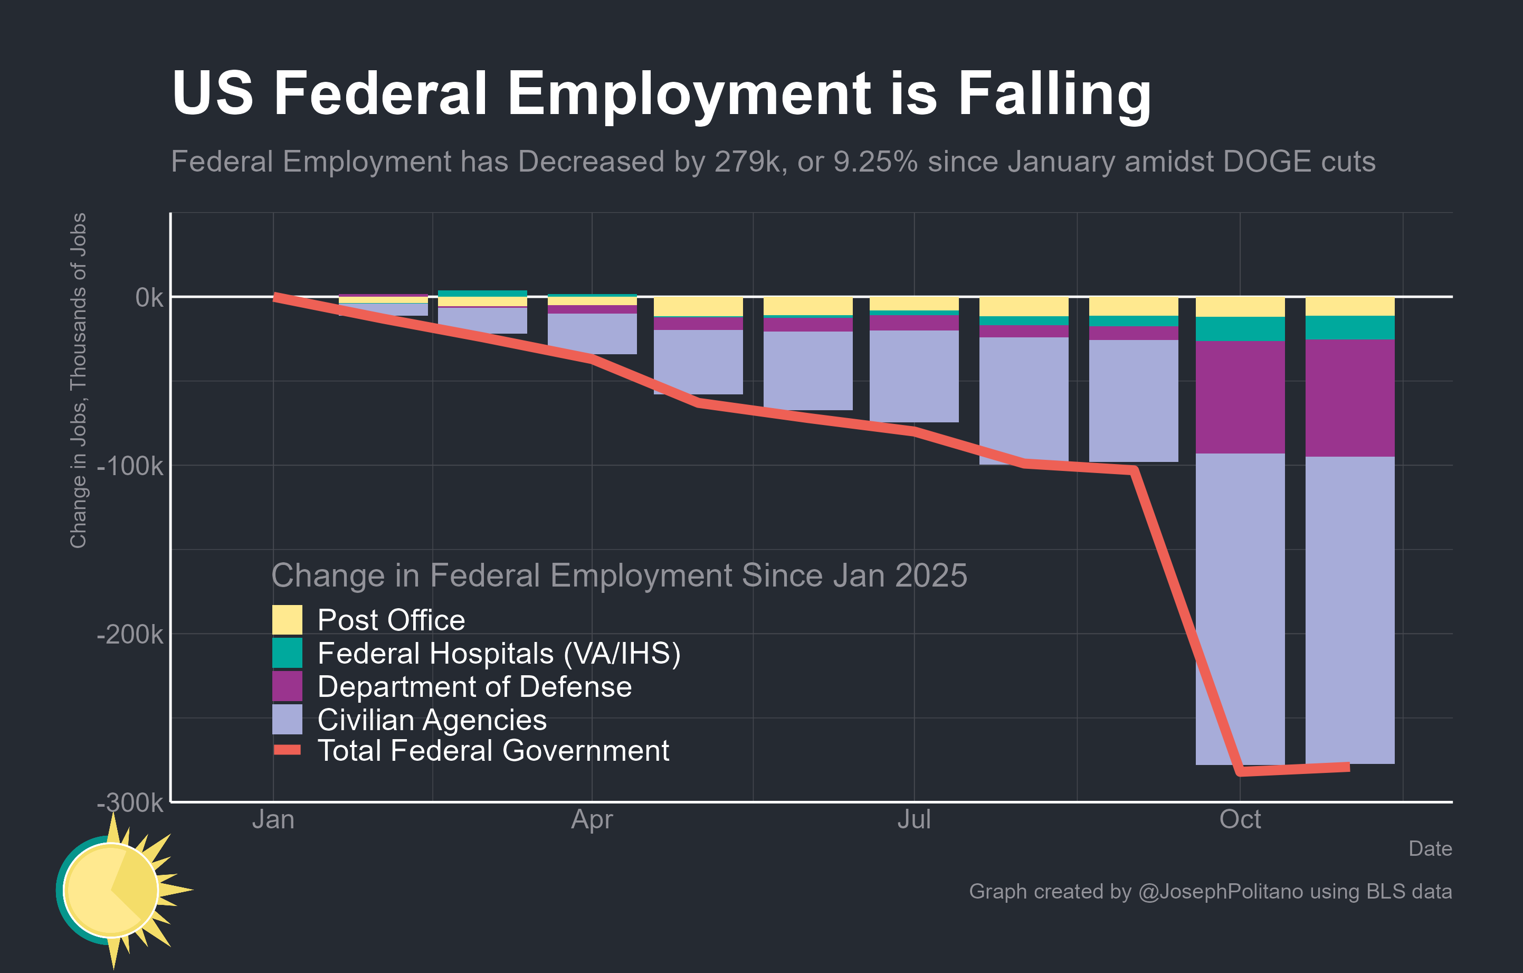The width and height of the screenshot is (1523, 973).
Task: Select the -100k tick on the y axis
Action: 130,466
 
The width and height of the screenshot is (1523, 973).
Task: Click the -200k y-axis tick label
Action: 130,635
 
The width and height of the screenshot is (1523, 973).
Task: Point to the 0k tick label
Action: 149,297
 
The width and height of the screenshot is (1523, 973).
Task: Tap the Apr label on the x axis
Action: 592,820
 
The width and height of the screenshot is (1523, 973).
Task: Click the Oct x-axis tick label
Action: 1240,820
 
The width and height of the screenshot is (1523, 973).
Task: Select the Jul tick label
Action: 914,820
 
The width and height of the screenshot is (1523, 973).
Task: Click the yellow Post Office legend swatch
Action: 287,620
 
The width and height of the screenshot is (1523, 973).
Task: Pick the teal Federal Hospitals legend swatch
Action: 287,653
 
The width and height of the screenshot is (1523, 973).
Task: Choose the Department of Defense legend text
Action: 474,687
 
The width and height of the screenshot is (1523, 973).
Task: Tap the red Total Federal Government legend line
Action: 287,750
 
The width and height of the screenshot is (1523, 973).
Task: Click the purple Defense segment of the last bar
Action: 1350,398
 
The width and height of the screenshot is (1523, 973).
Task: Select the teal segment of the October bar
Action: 1240,329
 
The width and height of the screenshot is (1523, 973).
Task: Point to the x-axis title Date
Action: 1430,849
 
